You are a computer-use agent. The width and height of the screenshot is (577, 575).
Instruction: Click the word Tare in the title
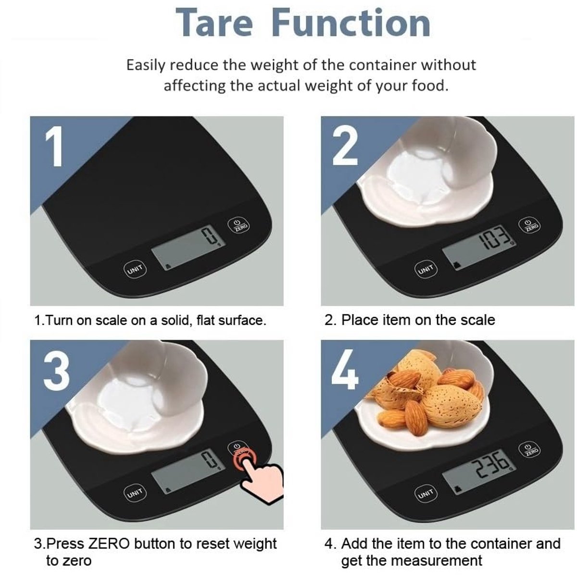214,23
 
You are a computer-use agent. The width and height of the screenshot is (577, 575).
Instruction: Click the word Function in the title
351,23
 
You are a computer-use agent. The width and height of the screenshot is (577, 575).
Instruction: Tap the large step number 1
54,146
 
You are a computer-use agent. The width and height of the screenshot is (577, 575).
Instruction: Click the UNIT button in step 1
135,269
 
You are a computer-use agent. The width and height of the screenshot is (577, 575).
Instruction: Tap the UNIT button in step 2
426,269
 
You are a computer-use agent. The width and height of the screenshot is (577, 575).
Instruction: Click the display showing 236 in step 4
478,472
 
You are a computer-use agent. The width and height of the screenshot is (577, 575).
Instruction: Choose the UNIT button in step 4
426,493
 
